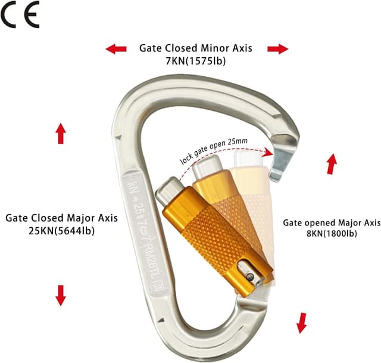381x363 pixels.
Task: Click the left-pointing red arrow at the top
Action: (x=116, y=48)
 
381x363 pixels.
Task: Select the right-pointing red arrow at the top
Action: (x=277, y=49)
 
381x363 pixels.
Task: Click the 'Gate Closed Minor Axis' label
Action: (x=196, y=48)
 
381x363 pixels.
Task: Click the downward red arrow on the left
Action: (x=61, y=294)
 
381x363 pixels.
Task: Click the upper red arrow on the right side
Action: (x=332, y=163)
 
